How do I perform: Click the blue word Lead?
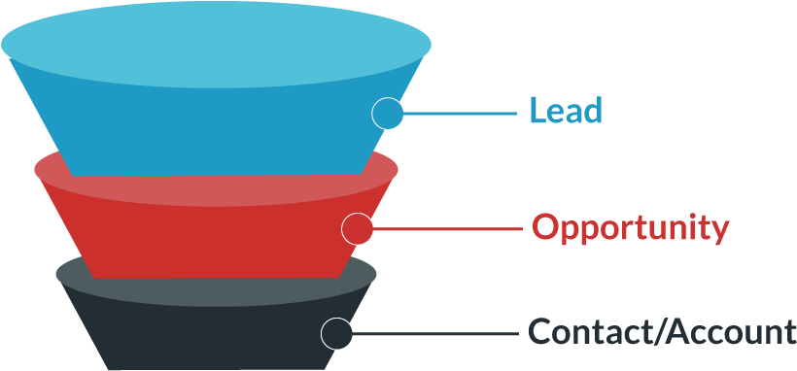pos(566,110)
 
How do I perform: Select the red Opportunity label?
pos(630,228)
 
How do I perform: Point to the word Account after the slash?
pos(730,331)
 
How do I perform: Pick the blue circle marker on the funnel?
pos(388,113)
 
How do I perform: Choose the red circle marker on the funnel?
pos(358,229)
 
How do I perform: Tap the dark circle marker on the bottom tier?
pos(336,333)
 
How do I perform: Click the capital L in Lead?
pos(537,110)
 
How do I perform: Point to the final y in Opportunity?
pos(719,231)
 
